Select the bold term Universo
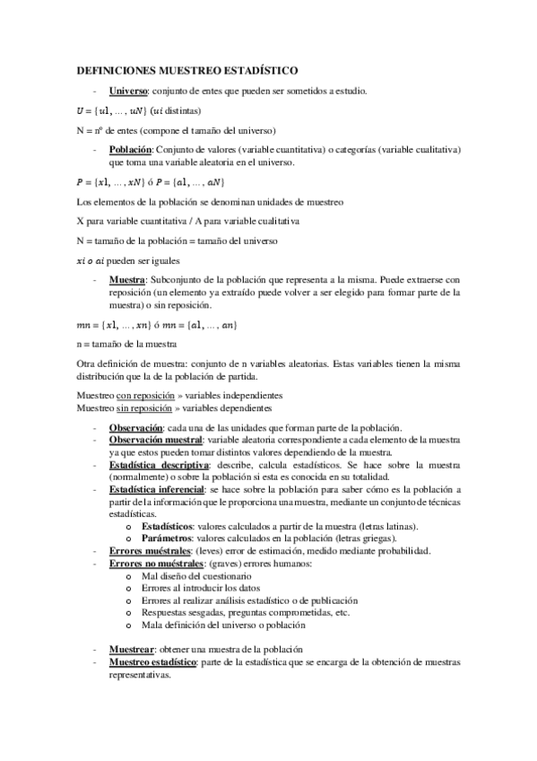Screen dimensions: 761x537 coord(128,91)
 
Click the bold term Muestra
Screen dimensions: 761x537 coord(126,279)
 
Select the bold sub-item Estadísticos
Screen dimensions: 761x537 coord(170,526)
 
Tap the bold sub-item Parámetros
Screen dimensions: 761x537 coord(169,538)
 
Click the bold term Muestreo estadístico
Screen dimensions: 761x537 coord(152,661)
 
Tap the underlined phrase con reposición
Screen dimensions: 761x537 coord(141,395)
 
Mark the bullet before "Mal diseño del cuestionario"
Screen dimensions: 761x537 coord(132,575)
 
